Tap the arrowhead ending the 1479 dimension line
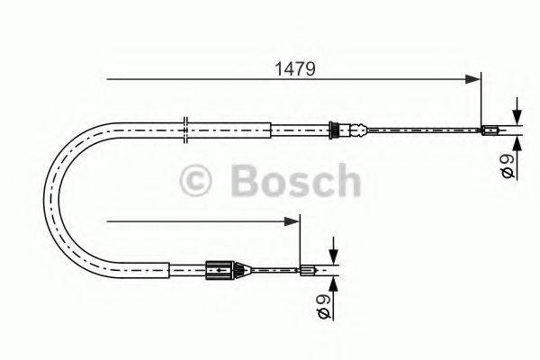pyautogui.click(x=473, y=80)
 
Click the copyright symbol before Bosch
pyautogui.click(x=198, y=179)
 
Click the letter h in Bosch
pyautogui.click(x=346, y=179)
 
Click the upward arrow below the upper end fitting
pyautogui.click(x=517, y=141)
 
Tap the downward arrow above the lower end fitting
pyautogui.click(x=333, y=255)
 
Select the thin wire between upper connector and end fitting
pyautogui.click(x=414, y=130)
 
